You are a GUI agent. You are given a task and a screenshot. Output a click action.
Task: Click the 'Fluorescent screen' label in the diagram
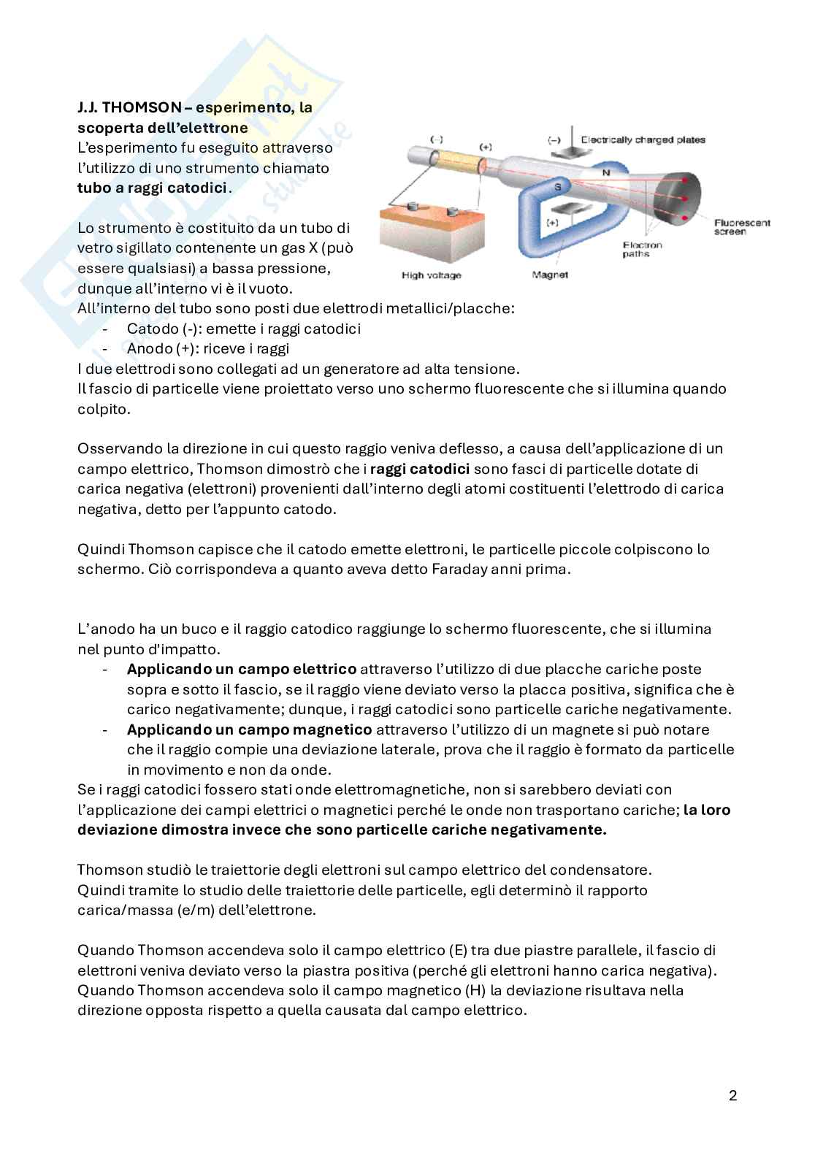[x=741, y=227]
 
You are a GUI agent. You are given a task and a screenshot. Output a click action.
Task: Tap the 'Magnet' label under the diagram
[x=551, y=275]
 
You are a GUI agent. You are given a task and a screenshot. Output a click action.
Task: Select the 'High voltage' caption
[x=431, y=275]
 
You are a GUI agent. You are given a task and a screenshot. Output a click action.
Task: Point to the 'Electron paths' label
[x=642, y=250]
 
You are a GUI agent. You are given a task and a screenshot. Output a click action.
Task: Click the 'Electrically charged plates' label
[x=643, y=139]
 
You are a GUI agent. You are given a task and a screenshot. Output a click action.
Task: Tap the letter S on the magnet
[x=558, y=186]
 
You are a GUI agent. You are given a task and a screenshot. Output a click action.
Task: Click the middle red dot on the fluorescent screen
[x=681, y=199]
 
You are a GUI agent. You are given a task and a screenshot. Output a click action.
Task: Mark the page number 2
[x=732, y=1096]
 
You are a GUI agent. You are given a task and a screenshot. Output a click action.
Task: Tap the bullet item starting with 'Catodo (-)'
[x=243, y=329]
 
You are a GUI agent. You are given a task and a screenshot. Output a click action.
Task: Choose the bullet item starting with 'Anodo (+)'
[x=207, y=348]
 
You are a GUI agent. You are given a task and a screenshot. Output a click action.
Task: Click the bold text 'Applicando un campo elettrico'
[x=242, y=669]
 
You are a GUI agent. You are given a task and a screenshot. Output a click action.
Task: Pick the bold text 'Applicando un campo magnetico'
[x=249, y=729]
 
